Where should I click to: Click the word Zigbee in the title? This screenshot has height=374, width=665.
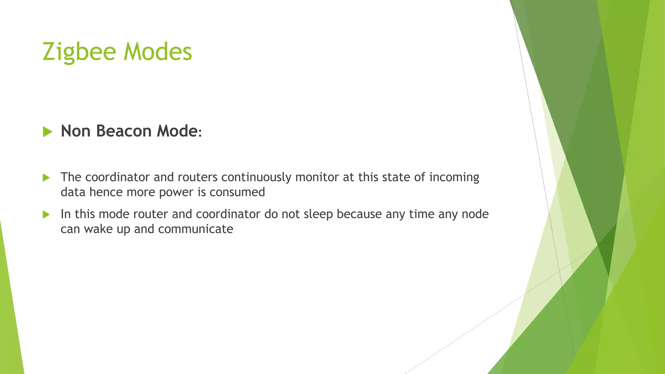tap(79, 52)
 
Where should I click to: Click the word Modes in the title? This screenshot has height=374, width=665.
tap(158, 52)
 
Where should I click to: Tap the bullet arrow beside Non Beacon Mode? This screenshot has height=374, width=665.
tap(47, 132)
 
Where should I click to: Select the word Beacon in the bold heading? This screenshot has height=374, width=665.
tap(124, 131)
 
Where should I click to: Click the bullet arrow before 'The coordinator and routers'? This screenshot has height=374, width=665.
tap(46, 178)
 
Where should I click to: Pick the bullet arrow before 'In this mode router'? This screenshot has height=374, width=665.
tap(46, 215)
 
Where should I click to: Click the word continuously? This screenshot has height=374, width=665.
tap(256, 177)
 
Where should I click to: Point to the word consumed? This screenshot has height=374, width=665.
tap(237, 192)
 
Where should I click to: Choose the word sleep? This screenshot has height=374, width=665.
tap(318, 214)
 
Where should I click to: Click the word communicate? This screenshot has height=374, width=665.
tap(195, 229)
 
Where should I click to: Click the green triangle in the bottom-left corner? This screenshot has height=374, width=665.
tap(10, 325)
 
